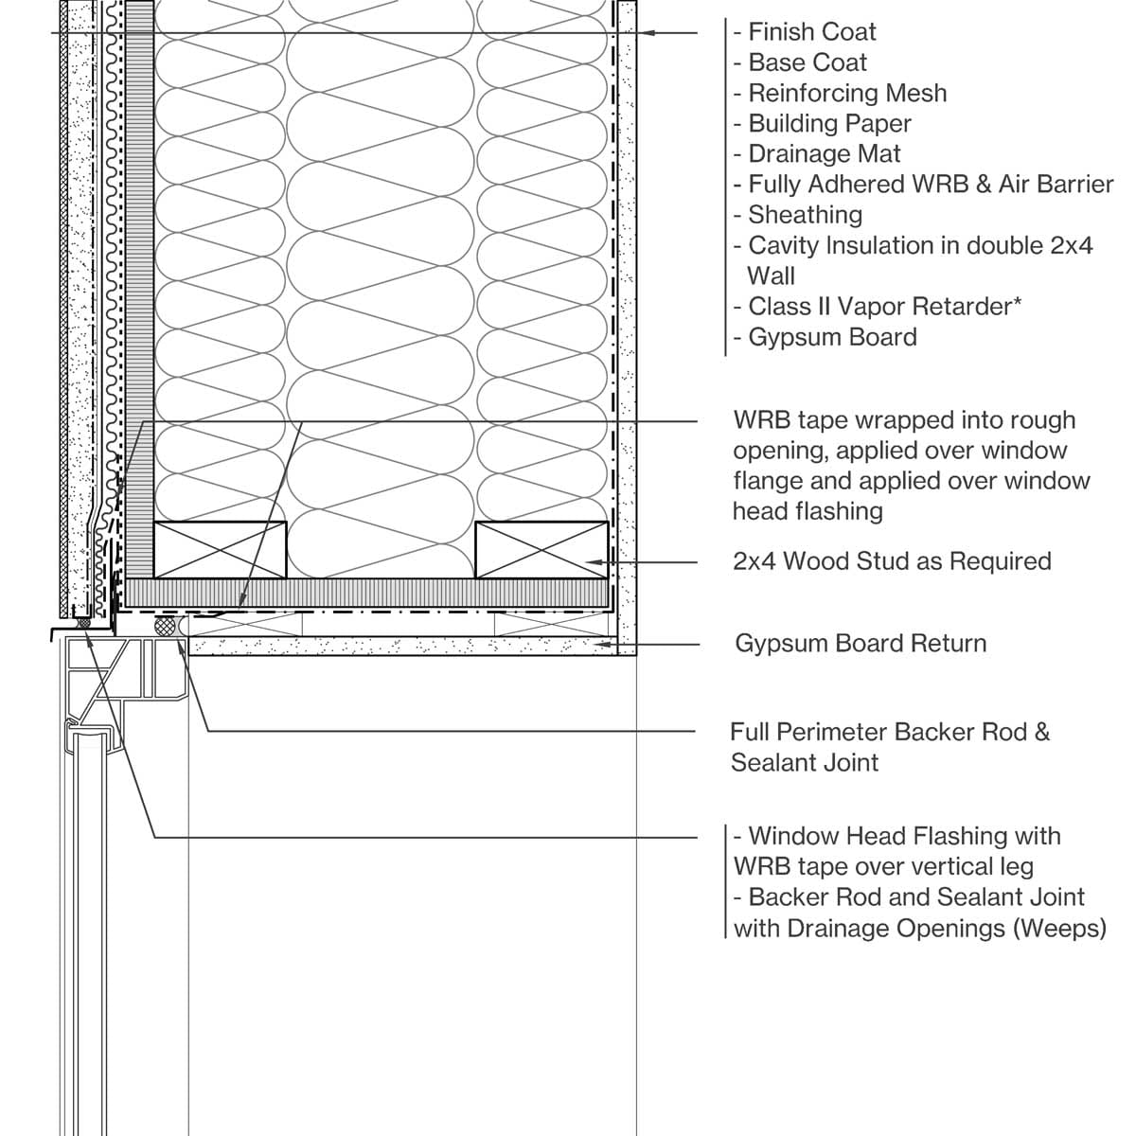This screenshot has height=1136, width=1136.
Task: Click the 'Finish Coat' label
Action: pos(812,32)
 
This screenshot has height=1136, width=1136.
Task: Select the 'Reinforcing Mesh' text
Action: pos(847,93)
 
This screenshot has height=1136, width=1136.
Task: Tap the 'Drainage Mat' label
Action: pos(825,153)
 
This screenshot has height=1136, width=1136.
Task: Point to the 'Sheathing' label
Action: pos(805,215)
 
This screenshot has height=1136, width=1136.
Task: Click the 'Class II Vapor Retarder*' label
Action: pos(884,307)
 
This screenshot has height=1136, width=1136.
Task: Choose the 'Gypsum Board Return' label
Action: pos(861,644)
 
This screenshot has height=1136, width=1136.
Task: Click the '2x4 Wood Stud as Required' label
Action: pos(892,561)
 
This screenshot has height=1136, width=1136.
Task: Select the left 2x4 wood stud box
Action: pos(220,549)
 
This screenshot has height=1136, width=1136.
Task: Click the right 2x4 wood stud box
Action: pos(541,549)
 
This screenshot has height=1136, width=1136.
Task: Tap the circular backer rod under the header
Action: pos(167,626)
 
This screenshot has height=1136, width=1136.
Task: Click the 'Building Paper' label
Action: pos(829,123)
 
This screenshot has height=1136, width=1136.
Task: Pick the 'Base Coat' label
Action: pos(808,62)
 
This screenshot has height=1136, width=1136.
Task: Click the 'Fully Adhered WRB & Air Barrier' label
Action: pos(931,185)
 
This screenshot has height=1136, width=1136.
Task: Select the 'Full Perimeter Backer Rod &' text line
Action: pos(890,732)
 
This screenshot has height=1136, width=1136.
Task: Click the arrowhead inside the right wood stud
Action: pos(593,562)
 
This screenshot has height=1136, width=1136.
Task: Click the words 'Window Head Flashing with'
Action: pos(904,836)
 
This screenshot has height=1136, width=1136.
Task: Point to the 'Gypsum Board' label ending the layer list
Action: pos(832,337)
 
